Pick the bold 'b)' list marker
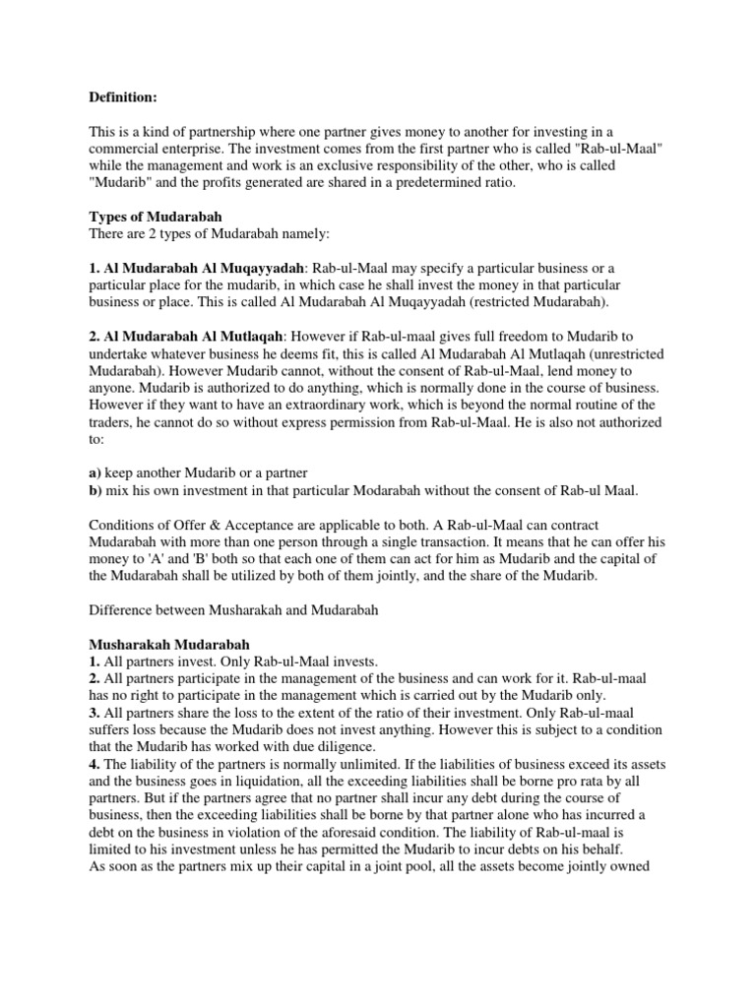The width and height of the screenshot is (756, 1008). point(96,488)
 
